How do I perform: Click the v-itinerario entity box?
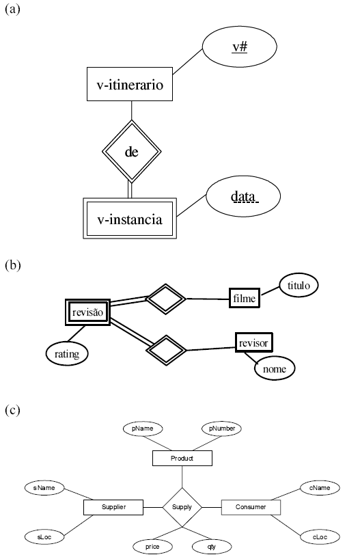click(130, 84)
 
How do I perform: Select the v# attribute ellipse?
click(240, 47)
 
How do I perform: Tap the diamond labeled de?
click(131, 152)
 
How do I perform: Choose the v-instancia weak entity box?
click(130, 219)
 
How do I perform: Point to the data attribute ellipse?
click(243, 196)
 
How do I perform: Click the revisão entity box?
click(87, 312)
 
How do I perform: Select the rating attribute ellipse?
click(67, 354)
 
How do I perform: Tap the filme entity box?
click(245, 298)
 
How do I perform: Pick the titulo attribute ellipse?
click(299, 285)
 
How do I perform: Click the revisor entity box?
click(254, 343)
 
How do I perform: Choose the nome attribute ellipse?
click(275, 369)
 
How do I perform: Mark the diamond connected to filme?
click(166, 299)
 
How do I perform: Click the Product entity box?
click(182, 459)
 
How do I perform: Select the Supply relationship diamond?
click(182, 507)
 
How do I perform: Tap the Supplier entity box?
click(113, 507)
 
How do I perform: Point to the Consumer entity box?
click(251, 507)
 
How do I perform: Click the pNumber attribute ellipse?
click(221, 429)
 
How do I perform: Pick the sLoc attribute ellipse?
click(44, 536)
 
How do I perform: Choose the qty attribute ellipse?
click(212, 547)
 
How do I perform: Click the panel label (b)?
click(13, 265)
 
